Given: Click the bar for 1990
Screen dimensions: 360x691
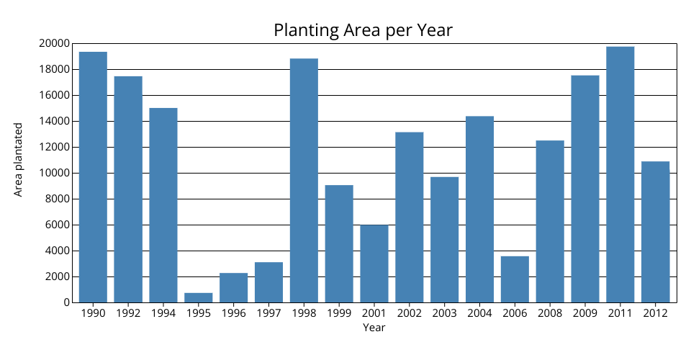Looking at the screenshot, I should click(93, 177).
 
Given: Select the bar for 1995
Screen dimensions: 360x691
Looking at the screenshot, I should click(199, 297).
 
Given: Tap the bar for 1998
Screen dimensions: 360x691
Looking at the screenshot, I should click(304, 180).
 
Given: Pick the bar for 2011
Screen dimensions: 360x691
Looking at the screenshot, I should click(620, 174).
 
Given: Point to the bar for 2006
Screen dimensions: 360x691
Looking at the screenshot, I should click(515, 279).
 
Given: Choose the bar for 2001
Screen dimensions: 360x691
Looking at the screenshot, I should click(374, 264).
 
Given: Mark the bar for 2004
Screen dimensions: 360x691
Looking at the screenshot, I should click(479, 209).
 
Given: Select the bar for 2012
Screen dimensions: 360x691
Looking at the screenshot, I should click(655, 232).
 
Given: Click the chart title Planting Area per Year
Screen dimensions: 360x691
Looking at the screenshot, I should click(363, 30).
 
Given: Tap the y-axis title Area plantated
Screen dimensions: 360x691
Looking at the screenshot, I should click(19, 159).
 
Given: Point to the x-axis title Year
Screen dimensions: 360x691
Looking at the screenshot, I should click(374, 328).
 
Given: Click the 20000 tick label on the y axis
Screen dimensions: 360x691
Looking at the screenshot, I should click(54, 43).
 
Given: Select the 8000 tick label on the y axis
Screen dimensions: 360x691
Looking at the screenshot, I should click(57, 199).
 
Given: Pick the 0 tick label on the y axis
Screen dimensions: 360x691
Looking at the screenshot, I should click(66, 302).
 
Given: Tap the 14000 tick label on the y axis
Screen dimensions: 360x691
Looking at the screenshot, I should click(54, 121).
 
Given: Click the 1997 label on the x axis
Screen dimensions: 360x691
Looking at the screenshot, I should click(268, 313).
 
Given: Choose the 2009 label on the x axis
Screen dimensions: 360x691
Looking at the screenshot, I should click(584, 313).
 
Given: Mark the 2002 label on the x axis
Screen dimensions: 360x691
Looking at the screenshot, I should click(409, 313).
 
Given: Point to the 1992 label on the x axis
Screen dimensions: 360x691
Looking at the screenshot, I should click(128, 313).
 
